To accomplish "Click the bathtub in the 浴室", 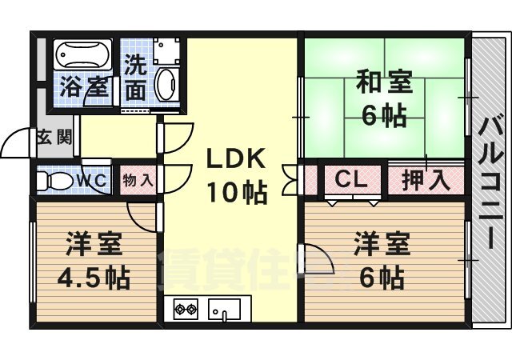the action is [x=83, y=54].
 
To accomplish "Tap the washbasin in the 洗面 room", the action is [x=166, y=85].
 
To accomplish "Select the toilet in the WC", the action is [x=54, y=180].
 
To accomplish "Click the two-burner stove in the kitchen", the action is [x=186, y=309].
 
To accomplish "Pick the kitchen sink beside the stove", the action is [x=224, y=309].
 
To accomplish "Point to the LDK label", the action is [x=236, y=159].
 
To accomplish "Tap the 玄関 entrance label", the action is [x=54, y=137].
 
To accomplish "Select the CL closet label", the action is [x=352, y=179].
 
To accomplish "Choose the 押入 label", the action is [x=426, y=180].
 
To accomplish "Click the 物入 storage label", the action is [x=138, y=180].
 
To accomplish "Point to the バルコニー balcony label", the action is [x=489, y=183].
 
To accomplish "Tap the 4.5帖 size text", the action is [x=94, y=278].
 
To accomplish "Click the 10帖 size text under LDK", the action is [x=238, y=192].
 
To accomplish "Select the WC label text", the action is [x=92, y=180].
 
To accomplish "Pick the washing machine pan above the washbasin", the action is [x=166, y=51].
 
